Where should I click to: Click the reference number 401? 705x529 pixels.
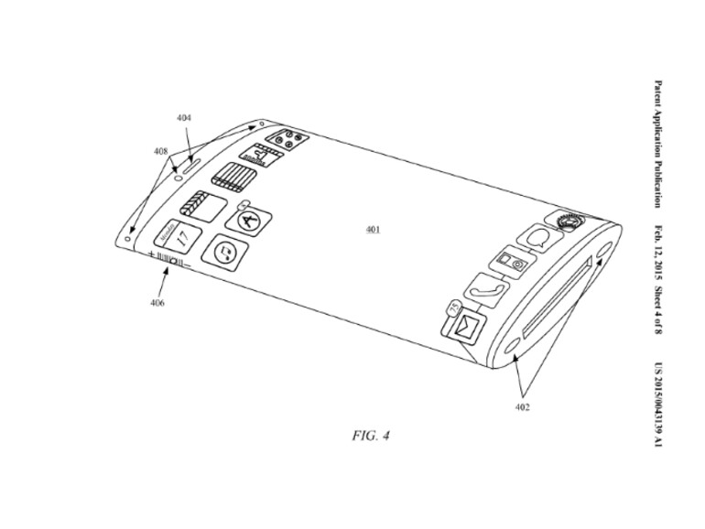[x=373, y=229]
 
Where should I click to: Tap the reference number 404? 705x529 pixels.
[x=184, y=118]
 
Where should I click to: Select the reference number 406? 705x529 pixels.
[x=157, y=303]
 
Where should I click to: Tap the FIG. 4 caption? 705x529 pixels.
[x=371, y=436]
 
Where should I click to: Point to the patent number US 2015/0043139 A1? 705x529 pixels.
[x=658, y=405]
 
